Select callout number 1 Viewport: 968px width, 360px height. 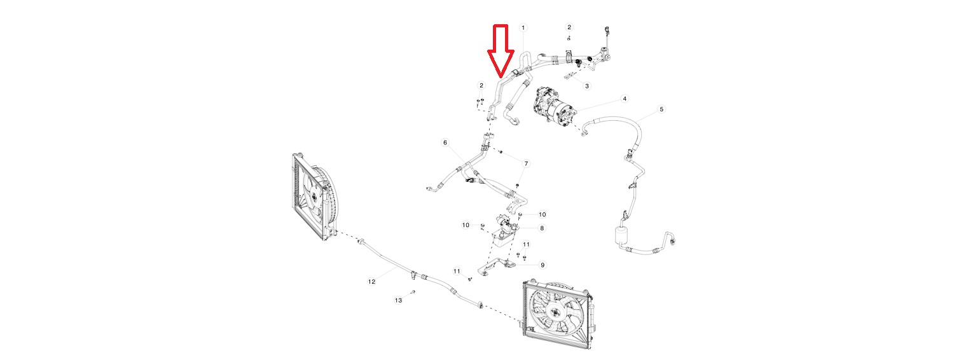[x=523, y=27]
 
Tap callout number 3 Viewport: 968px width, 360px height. [x=586, y=86]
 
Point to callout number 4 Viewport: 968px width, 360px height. [x=625, y=99]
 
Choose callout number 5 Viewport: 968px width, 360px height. [x=661, y=109]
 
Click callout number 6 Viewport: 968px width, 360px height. [x=446, y=142]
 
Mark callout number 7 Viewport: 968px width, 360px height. [x=526, y=164]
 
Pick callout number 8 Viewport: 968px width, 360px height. [x=542, y=228]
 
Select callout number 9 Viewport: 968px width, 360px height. [x=543, y=265]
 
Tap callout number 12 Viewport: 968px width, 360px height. [x=371, y=282]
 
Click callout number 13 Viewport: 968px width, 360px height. [x=398, y=300]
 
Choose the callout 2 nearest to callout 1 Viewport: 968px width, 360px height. [x=569, y=27]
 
